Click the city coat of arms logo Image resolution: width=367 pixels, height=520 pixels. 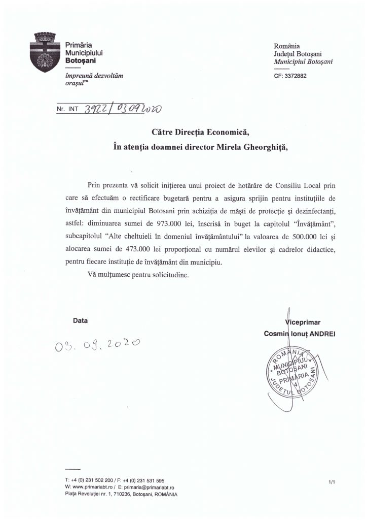(x=47, y=52)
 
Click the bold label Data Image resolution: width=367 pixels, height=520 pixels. (x=81, y=321)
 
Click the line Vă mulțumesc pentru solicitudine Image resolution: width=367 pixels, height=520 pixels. (x=136, y=275)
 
